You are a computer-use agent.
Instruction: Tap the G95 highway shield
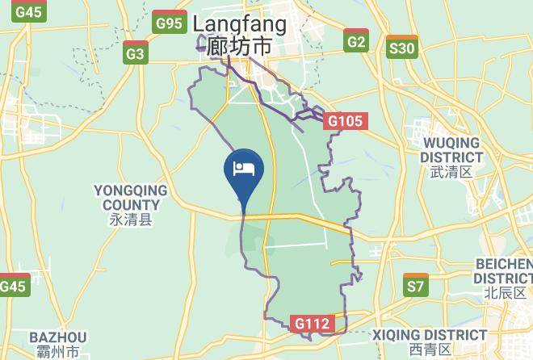click(x=170, y=23)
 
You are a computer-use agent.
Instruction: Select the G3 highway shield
click(x=136, y=54)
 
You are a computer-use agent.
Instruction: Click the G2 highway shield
click(x=355, y=41)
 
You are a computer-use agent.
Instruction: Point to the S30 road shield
click(x=401, y=48)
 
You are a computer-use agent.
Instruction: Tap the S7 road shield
click(x=415, y=286)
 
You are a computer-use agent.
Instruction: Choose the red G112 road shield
click(x=311, y=324)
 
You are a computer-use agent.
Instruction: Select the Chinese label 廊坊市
click(x=240, y=46)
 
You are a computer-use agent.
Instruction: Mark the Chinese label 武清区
click(x=451, y=171)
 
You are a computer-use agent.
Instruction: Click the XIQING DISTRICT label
click(x=430, y=334)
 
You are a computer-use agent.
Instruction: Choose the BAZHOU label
click(x=57, y=337)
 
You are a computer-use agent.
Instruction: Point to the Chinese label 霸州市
click(x=57, y=353)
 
